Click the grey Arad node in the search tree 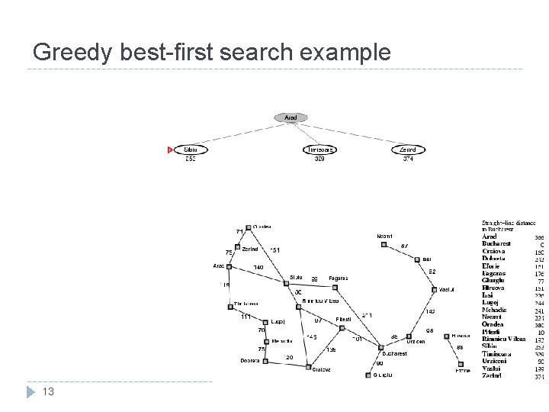(x=291, y=117)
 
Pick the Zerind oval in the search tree (x=408, y=150)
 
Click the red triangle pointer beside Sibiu (x=170, y=150)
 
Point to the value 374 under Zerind (x=408, y=159)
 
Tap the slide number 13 (x=47, y=391)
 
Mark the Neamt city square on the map (x=384, y=245)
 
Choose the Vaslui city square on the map (x=434, y=289)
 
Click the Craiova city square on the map (x=309, y=368)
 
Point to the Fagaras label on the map (x=338, y=278)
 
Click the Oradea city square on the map (x=248, y=227)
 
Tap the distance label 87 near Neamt (x=404, y=246)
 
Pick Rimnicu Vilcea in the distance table (x=504, y=339)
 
